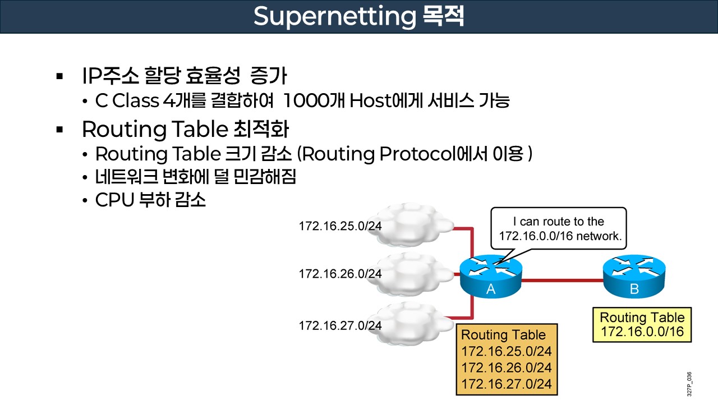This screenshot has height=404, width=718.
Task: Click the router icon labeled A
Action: tap(491, 276)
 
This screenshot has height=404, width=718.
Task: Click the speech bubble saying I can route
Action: tap(559, 229)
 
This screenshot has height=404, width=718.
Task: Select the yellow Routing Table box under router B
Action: tap(642, 324)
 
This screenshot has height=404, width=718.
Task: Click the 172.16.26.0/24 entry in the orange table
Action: tap(507, 368)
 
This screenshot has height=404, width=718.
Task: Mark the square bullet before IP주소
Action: tap(60, 75)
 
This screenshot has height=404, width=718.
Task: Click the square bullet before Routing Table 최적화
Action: tap(60, 129)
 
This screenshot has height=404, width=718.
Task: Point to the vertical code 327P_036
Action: tap(689, 384)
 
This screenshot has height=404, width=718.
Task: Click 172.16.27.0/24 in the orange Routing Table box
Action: tap(507, 384)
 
